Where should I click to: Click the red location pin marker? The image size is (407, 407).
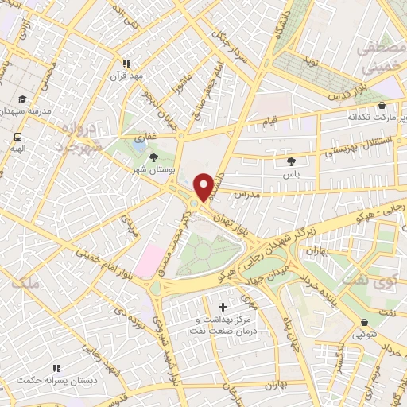click(203, 187)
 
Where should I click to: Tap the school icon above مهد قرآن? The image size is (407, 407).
click(125, 64)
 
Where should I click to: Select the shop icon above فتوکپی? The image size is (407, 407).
click(364, 322)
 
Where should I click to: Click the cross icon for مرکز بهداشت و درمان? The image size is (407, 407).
click(222, 307)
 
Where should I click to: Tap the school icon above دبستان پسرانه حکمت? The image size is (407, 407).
click(56, 368)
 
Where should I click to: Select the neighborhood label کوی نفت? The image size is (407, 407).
click(373, 280)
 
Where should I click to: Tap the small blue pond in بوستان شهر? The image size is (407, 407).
click(140, 146)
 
